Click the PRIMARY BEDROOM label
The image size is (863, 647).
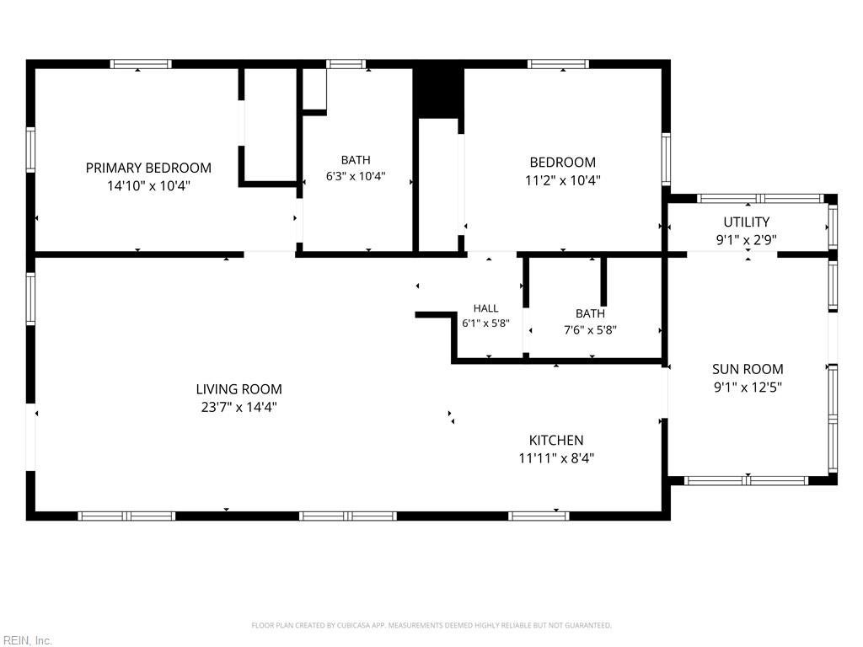coord(148,168)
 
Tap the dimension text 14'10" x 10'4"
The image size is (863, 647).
coord(148,185)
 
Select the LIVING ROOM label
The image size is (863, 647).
coord(239,389)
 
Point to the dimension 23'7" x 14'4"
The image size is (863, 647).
coord(239,407)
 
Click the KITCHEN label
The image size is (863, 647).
coord(556,440)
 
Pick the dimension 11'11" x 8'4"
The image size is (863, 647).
coord(556,457)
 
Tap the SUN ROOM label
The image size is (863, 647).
coord(748,369)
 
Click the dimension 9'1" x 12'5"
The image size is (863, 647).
coord(748,387)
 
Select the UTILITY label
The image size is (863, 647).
coord(747,222)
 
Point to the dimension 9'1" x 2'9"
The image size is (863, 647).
coord(747,240)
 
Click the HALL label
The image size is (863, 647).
coord(485,308)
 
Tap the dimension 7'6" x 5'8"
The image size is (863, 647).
coord(590,330)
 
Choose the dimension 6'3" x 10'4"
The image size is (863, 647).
coord(356,176)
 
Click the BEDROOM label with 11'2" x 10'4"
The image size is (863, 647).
coord(562,163)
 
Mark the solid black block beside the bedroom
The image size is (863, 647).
coord(438,93)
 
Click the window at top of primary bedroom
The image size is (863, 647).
coord(141,64)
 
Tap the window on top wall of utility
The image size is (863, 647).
coord(761,198)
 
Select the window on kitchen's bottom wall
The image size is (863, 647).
coord(539,516)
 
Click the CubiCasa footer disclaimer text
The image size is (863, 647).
coord(431,625)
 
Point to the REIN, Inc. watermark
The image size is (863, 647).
coord(26,640)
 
